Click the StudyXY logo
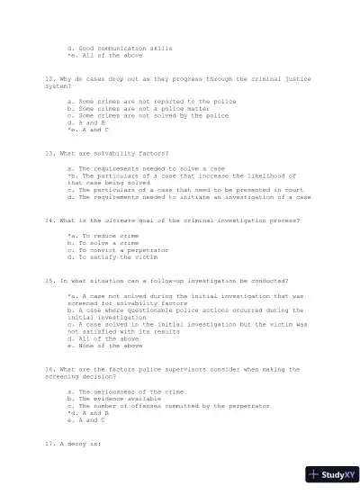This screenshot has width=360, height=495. tap(331, 474)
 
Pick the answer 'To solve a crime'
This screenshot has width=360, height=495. tap(108, 243)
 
